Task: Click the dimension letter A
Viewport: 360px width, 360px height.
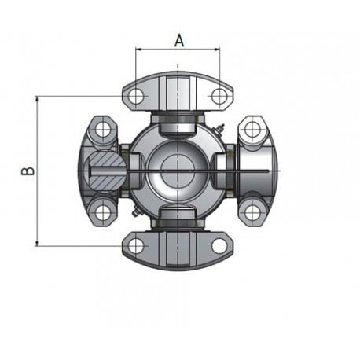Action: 179,41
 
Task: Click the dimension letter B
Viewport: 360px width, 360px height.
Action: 28,171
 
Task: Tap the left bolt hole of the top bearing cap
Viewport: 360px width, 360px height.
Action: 136,96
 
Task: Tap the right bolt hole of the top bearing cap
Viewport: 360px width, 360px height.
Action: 219,96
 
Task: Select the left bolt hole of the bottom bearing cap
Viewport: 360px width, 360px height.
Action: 136,246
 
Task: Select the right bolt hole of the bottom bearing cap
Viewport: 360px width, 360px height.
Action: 219,246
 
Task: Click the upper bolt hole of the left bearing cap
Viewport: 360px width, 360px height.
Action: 103,130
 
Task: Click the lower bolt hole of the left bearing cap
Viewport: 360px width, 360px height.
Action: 103,212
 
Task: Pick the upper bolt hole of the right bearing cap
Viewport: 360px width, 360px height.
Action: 252,130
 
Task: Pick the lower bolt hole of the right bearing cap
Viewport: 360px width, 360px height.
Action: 252,212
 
